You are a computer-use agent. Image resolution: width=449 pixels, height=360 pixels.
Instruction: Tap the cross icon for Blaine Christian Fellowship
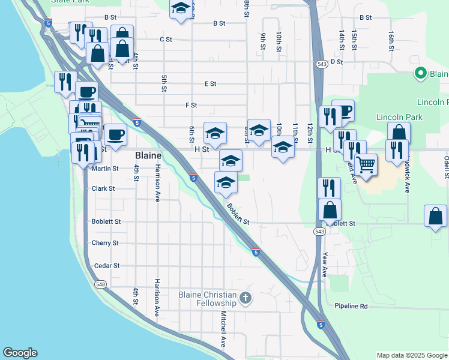coord(244,298)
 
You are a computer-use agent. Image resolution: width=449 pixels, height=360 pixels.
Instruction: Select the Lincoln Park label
coord(399,117)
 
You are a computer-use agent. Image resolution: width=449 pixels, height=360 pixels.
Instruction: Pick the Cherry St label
coord(105,243)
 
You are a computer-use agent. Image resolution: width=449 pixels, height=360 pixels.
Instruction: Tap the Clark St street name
coord(103,188)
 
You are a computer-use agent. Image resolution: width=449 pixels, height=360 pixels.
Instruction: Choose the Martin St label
coord(105,169)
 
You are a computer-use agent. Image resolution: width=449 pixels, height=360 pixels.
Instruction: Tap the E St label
coord(210,84)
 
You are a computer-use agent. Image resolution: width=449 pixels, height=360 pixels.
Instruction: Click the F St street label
coord(191,105)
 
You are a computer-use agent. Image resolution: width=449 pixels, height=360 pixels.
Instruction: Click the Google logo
coord(20,353)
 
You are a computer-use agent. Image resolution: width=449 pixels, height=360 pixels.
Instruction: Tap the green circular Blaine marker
coord(421,74)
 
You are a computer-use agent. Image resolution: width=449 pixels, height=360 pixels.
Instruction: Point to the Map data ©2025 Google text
coord(411,355)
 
